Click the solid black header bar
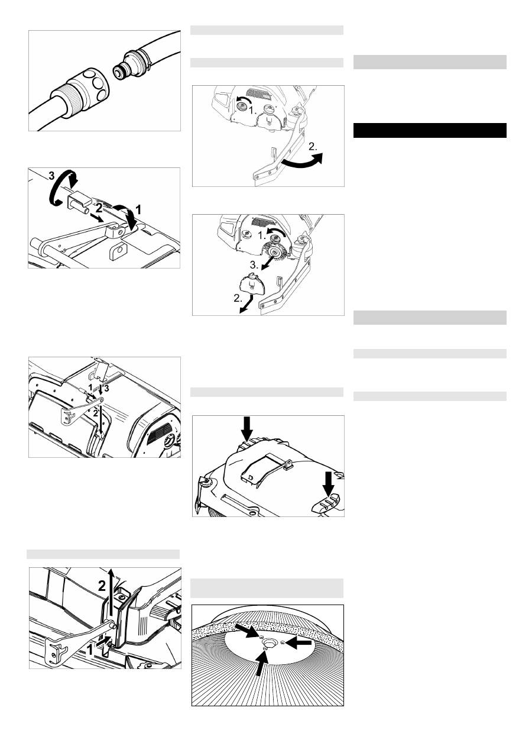click(x=430, y=131)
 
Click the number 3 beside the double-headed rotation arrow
click(x=51, y=175)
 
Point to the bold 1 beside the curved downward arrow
click(x=138, y=210)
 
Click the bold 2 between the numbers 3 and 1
click(x=99, y=208)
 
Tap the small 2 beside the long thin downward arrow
click(x=95, y=413)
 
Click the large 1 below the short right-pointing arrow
click(x=90, y=650)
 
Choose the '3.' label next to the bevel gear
click(x=255, y=265)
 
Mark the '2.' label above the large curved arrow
click(x=313, y=147)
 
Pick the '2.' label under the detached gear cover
click(x=238, y=298)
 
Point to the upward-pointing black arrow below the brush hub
click(x=262, y=662)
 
